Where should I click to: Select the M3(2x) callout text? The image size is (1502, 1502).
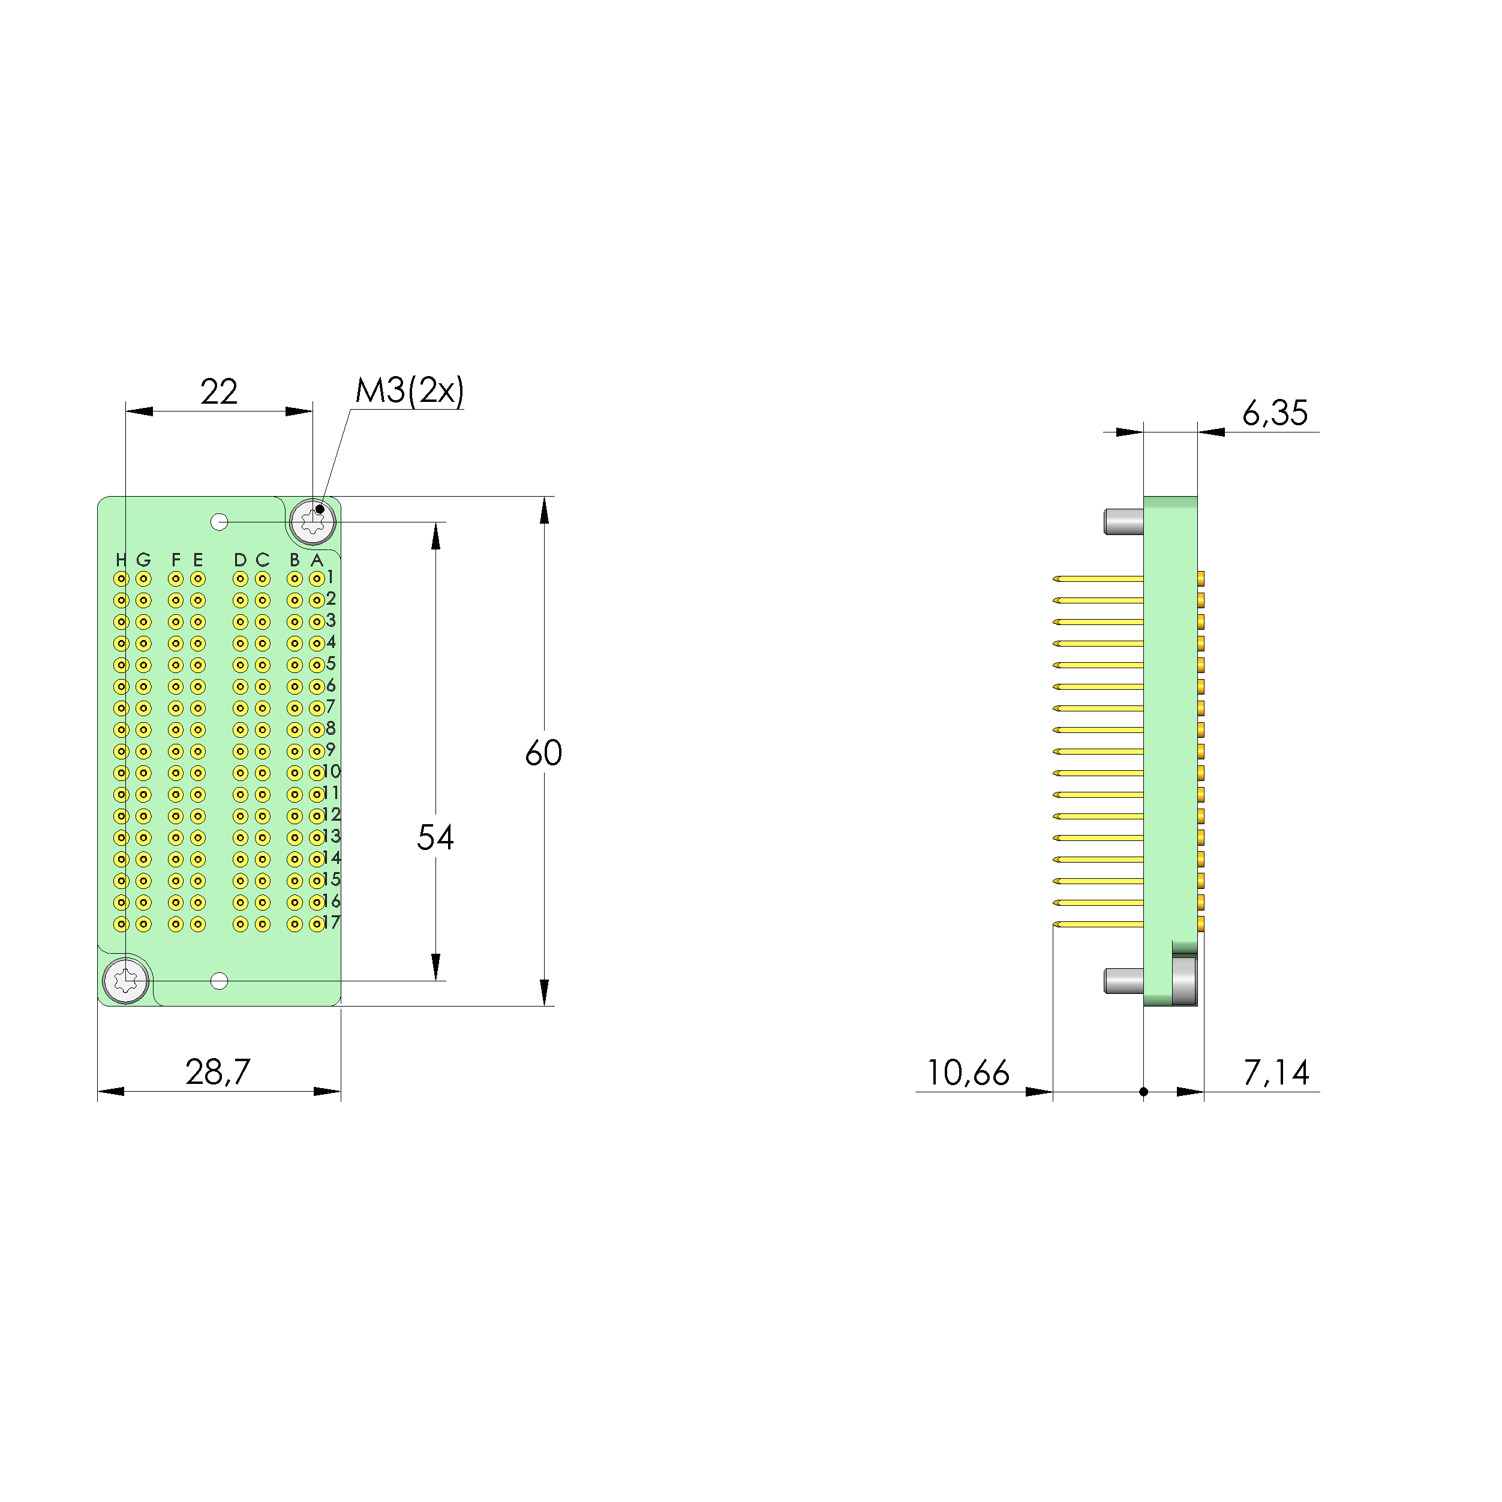[x=409, y=390]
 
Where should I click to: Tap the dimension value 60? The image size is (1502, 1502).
[x=543, y=753]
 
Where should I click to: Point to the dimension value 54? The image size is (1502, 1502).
[x=435, y=837]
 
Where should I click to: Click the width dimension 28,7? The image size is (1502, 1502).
[x=218, y=1072]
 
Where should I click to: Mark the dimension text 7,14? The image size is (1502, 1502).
[x=1276, y=1073]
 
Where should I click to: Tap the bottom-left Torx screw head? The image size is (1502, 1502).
[x=126, y=981]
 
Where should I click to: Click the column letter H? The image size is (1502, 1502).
[x=121, y=560]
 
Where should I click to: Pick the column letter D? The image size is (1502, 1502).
[x=240, y=560]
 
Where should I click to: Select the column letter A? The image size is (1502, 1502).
[x=317, y=560]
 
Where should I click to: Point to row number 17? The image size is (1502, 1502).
[x=331, y=923]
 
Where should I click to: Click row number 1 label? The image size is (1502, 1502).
[x=331, y=577]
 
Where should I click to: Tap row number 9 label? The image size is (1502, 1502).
[x=331, y=750]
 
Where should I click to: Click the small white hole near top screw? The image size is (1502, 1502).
[x=219, y=522]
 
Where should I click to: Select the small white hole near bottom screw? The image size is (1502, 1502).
[x=219, y=981]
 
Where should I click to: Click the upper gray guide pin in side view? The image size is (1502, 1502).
[x=1123, y=522]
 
